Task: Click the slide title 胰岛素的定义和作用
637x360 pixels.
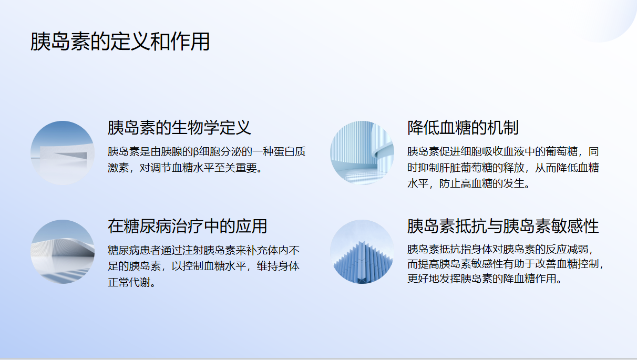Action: (x=120, y=42)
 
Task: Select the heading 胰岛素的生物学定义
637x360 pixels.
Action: (x=179, y=128)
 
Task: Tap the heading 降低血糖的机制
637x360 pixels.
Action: (x=463, y=128)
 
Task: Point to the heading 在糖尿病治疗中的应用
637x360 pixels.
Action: (x=187, y=226)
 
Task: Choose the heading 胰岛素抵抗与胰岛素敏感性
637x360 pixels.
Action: (x=503, y=226)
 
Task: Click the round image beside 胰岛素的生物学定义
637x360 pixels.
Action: (x=63, y=153)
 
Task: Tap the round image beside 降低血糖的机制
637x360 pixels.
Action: (x=362, y=153)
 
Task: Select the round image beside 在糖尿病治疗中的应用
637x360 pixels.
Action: (x=63, y=252)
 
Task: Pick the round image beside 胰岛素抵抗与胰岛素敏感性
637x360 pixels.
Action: (x=362, y=252)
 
